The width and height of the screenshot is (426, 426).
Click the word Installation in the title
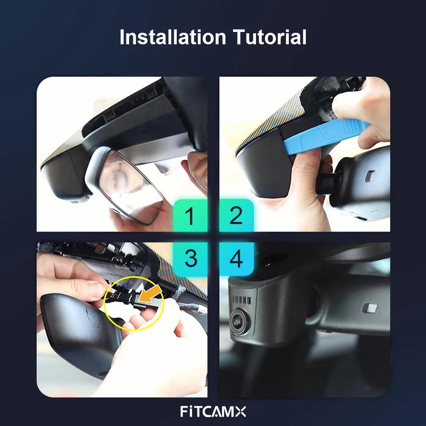173,37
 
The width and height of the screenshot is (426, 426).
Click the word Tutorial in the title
269,37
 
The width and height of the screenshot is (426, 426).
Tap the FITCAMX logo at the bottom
213,411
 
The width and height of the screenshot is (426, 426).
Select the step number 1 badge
190,216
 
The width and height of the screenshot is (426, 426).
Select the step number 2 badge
237,216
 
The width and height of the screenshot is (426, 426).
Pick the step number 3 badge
190,259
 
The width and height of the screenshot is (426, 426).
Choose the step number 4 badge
237,259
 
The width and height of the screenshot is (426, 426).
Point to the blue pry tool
326,136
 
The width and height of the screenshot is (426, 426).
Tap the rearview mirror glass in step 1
131,187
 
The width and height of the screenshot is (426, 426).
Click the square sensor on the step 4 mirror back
370,308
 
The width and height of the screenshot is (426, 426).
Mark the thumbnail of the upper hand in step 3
98,290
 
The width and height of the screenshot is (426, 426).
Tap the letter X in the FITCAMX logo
241,412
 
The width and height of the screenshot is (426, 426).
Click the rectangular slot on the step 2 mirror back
370,176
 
